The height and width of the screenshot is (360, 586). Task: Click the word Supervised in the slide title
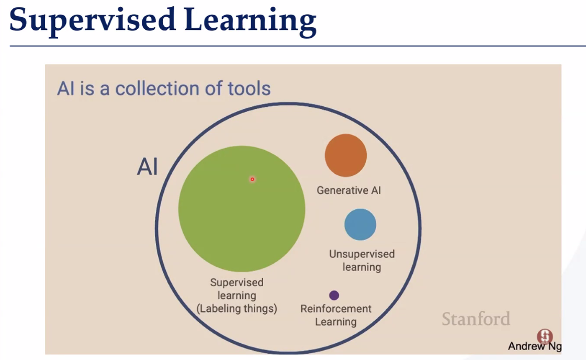(x=92, y=20)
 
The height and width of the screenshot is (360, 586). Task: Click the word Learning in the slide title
(x=251, y=21)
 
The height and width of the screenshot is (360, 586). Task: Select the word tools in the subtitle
(x=249, y=88)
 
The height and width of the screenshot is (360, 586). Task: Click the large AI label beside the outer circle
(x=148, y=166)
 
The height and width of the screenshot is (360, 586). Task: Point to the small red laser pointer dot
(x=252, y=179)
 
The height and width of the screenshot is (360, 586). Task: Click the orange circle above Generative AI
(x=346, y=155)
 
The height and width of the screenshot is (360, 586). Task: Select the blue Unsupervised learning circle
(x=360, y=224)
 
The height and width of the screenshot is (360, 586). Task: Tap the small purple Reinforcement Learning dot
(x=334, y=295)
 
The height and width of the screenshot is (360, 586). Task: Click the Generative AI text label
(x=348, y=190)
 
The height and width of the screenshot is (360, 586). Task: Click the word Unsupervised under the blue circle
(x=362, y=254)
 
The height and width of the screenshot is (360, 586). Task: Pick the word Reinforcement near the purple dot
(x=336, y=308)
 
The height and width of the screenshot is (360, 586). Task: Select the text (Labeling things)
(x=237, y=308)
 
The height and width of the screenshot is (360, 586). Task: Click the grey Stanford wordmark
(x=476, y=319)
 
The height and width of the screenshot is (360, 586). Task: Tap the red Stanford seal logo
(x=545, y=336)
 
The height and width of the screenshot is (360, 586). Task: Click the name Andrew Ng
(x=534, y=346)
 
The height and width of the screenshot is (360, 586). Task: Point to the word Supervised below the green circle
(x=236, y=282)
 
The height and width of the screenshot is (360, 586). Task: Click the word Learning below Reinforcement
(x=335, y=322)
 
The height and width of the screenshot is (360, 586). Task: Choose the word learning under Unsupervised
(x=362, y=267)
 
